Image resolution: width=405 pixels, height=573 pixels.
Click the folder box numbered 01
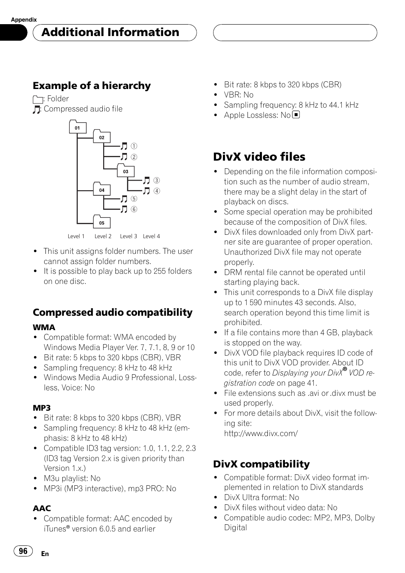[77, 128]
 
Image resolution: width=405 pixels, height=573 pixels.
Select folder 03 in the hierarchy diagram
[126, 172]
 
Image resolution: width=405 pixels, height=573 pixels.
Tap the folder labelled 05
[101, 223]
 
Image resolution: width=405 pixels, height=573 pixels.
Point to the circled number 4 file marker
[157, 191]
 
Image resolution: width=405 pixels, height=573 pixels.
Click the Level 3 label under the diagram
[128, 236]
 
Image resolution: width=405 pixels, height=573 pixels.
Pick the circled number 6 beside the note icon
[134, 209]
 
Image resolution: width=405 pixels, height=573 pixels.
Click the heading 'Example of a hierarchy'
[92, 86]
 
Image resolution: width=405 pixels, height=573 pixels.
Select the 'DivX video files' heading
[259, 157]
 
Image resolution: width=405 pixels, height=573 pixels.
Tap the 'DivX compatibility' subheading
[261, 464]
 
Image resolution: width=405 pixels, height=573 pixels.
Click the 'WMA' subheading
[44, 327]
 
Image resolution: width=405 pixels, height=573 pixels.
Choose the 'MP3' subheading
[42, 408]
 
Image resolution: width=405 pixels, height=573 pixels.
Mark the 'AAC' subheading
[42, 508]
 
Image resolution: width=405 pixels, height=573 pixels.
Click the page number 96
[23, 551]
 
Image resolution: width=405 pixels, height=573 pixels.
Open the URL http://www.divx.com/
[261, 433]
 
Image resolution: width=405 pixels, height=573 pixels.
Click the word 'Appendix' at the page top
[24, 19]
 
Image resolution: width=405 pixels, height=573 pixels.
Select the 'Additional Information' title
[110, 32]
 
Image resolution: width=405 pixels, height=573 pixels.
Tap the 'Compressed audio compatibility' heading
[112, 312]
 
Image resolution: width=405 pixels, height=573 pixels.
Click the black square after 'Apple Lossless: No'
[296, 114]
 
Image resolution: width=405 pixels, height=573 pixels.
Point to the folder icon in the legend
[37, 99]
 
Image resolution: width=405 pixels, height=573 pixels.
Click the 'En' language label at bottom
[45, 554]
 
